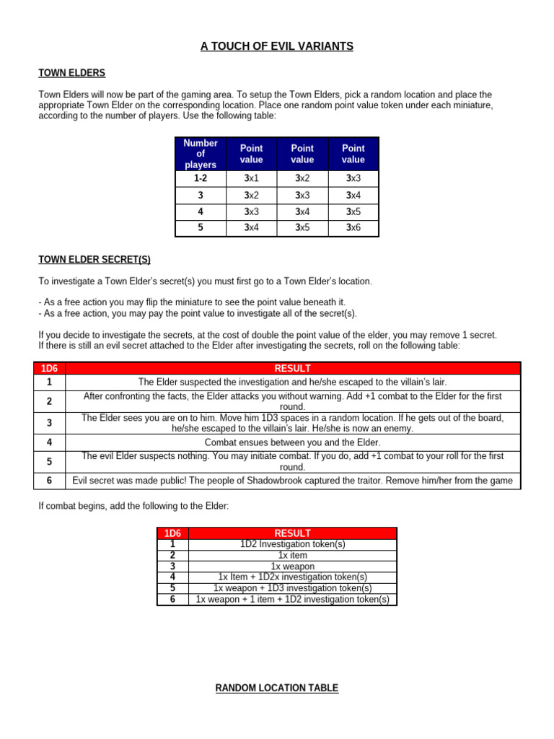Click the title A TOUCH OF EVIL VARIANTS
[x=277, y=46]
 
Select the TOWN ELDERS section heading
[x=71, y=73]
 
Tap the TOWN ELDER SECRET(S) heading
[x=94, y=260]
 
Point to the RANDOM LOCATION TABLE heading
[x=277, y=688]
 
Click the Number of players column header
[x=200, y=154]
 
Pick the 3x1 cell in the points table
[x=251, y=178]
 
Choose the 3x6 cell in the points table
[x=353, y=228]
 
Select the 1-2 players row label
[x=200, y=178]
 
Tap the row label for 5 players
[x=200, y=228]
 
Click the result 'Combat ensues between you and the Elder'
[x=292, y=442]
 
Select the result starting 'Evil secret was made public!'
[x=292, y=481]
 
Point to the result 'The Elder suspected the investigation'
[x=292, y=382]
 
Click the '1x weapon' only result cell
[x=292, y=567]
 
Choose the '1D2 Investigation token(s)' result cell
[x=292, y=545]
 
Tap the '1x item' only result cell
[x=292, y=556]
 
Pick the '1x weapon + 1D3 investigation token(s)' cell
[x=292, y=588]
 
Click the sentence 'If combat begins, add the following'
[x=133, y=507]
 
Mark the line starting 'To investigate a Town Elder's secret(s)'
[x=205, y=281]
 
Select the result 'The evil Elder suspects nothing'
[x=292, y=461]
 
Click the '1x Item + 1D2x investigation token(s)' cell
[x=292, y=577]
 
